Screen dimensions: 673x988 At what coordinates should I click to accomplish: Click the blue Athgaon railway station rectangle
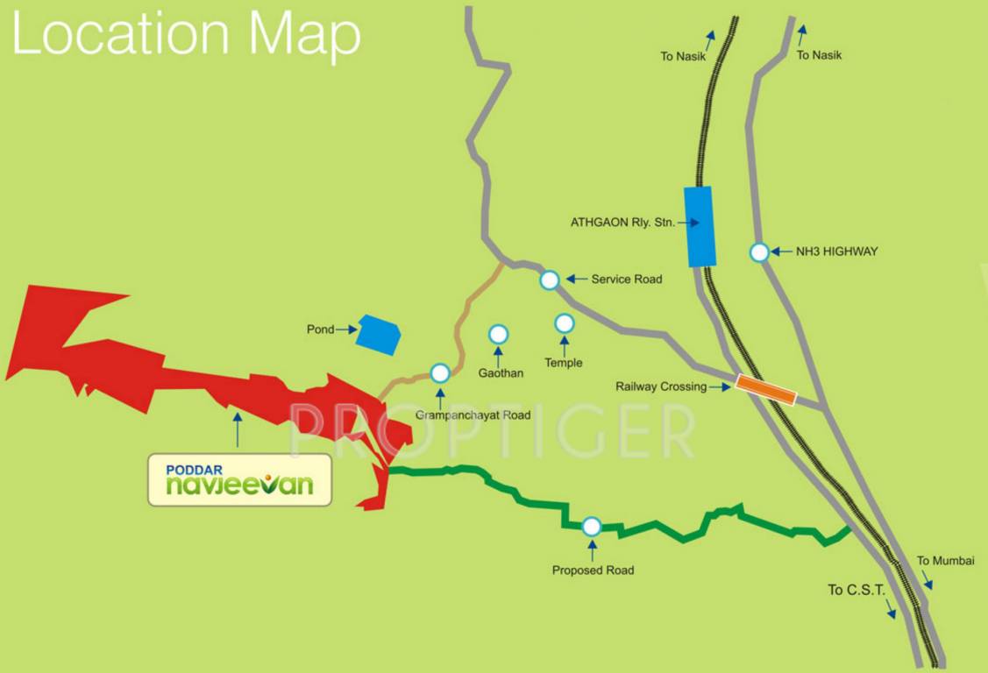700,226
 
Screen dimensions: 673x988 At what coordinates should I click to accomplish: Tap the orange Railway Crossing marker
765,390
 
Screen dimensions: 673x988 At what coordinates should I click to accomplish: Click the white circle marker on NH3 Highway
759,252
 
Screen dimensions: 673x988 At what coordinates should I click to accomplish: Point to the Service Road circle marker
549,280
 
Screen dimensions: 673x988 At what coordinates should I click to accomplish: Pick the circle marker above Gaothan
498,334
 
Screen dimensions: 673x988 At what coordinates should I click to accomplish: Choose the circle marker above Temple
564,323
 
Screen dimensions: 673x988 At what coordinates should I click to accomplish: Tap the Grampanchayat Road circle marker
440,373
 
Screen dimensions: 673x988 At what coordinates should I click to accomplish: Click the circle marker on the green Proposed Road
592,526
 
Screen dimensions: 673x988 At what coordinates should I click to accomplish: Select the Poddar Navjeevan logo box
239,479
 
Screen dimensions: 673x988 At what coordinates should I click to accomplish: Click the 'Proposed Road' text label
593,570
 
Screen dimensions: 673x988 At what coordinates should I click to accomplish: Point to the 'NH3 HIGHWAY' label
836,252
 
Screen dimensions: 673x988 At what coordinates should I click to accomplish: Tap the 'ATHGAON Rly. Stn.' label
622,223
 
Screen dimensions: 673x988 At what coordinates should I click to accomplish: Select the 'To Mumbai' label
945,561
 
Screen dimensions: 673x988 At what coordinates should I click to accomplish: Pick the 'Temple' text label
563,363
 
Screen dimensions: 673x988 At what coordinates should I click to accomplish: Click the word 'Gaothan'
501,373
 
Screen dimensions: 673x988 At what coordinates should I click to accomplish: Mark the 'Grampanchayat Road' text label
473,415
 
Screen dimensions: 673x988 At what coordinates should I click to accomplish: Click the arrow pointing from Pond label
346,329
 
